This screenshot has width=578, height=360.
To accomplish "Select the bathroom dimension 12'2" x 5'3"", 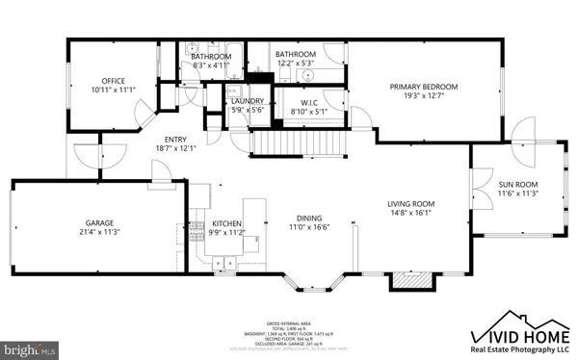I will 295,64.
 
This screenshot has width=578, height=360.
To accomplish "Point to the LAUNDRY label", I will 248,101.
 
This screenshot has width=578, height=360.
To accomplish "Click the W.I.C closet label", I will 309,102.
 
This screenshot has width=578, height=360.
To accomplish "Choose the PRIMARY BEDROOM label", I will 423,87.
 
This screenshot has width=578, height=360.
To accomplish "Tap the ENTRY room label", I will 174,139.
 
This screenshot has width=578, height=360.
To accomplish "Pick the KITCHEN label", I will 228,222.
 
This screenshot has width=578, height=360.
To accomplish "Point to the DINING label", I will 310,218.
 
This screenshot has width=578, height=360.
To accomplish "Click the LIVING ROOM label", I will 411,204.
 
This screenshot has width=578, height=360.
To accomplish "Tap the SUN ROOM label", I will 517,183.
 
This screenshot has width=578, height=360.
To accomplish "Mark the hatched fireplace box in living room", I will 405,280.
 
